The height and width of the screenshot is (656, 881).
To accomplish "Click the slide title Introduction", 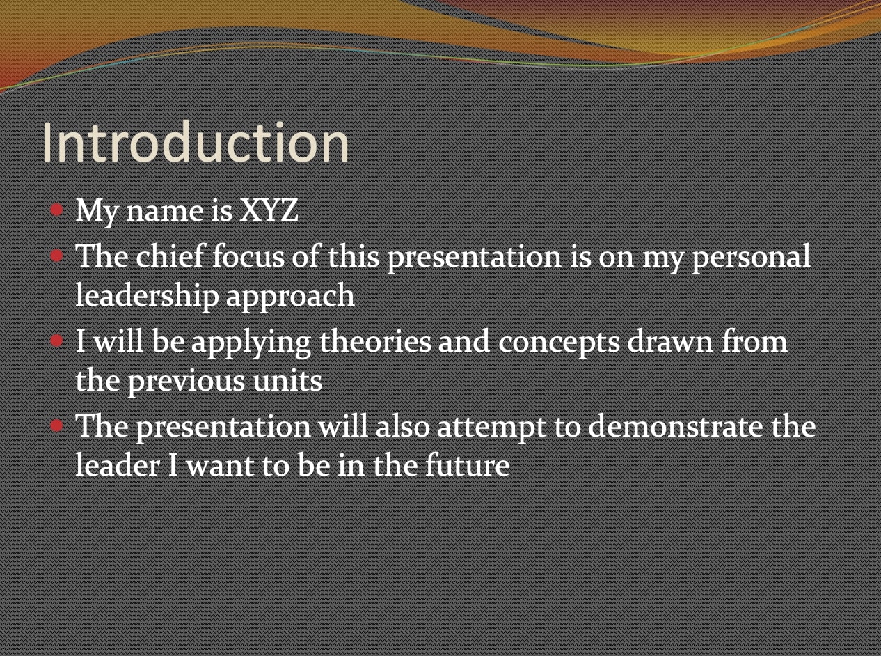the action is (196, 142).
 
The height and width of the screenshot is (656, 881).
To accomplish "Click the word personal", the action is (751, 258).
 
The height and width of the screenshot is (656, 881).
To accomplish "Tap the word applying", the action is (251, 343).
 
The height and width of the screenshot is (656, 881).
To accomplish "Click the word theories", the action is (375, 341).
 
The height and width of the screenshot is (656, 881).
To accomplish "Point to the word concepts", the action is (559, 343).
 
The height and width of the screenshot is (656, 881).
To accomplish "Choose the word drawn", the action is (670, 341).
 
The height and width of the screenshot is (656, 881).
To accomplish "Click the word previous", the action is (186, 382).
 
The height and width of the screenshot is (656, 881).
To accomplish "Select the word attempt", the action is (491, 428).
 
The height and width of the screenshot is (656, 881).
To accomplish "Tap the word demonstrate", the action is (675, 426).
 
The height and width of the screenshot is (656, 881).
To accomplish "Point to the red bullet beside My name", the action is (57, 210).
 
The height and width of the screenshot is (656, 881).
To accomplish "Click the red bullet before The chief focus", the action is (57, 256).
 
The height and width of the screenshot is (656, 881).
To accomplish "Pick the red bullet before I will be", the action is (57, 341).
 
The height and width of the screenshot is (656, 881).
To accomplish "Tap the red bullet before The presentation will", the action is (57, 425).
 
